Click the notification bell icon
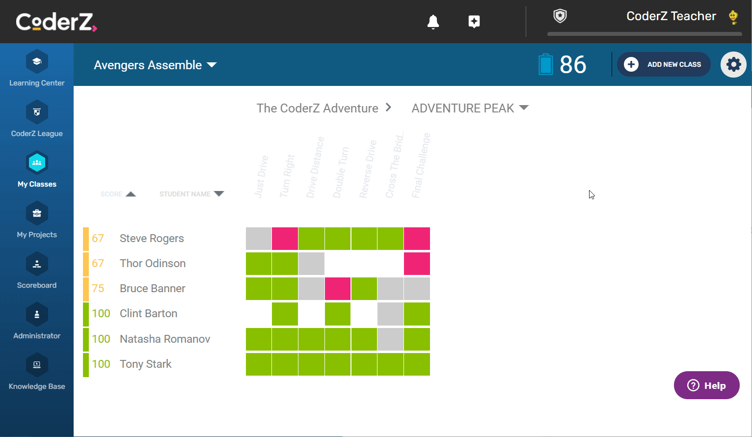click(433, 22)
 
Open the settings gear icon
click(733, 64)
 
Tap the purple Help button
click(706, 385)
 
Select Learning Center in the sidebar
click(37, 69)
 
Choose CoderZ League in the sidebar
click(37, 119)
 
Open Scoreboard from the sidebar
click(37, 271)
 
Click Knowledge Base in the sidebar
click(37, 372)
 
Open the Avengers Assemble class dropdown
click(155, 65)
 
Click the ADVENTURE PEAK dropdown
click(470, 108)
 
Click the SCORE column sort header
click(118, 194)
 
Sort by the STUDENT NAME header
click(191, 194)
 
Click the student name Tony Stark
click(146, 364)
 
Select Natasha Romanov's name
click(165, 339)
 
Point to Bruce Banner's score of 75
click(98, 288)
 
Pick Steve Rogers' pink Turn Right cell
click(285, 239)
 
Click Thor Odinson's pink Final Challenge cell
click(417, 264)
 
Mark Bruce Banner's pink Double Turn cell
click(338, 289)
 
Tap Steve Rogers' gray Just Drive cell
click(259, 239)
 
